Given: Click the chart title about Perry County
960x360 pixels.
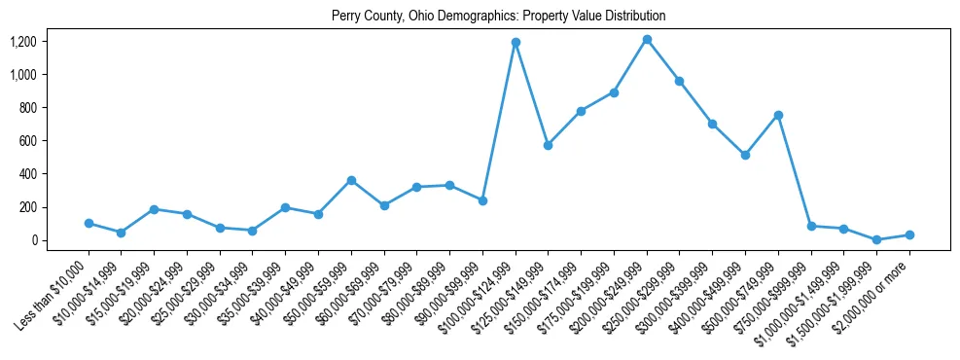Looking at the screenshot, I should click(x=498, y=16).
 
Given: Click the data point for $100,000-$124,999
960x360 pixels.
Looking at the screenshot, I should click(x=516, y=42).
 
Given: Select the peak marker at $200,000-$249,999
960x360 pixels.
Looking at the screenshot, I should click(x=647, y=39).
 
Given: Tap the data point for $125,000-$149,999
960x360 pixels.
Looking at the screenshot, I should click(x=549, y=145).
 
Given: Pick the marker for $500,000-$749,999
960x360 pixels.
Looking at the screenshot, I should click(x=778, y=115).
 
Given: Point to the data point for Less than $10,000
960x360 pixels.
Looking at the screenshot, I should click(x=89, y=223).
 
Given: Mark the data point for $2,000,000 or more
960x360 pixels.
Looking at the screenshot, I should click(x=909, y=234).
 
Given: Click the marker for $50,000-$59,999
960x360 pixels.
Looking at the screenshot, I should click(x=351, y=180).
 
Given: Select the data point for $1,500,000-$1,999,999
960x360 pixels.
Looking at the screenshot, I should click(x=876, y=239).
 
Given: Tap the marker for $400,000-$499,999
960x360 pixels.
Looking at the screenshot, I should click(x=745, y=155).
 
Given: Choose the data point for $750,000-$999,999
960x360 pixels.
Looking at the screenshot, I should click(x=811, y=226).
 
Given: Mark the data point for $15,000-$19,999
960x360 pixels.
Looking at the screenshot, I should click(x=155, y=209).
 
